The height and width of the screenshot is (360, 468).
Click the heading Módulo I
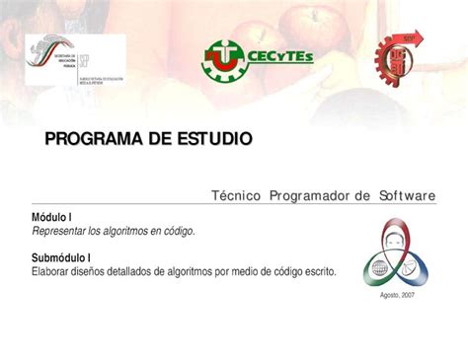click(x=52, y=217)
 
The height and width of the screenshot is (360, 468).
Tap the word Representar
click(x=59, y=231)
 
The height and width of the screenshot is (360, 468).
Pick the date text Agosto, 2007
click(x=398, y=296)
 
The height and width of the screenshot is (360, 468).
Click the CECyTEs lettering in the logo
click(x=280, y=57)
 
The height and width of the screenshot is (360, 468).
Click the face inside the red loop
click(x=399, y=238)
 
